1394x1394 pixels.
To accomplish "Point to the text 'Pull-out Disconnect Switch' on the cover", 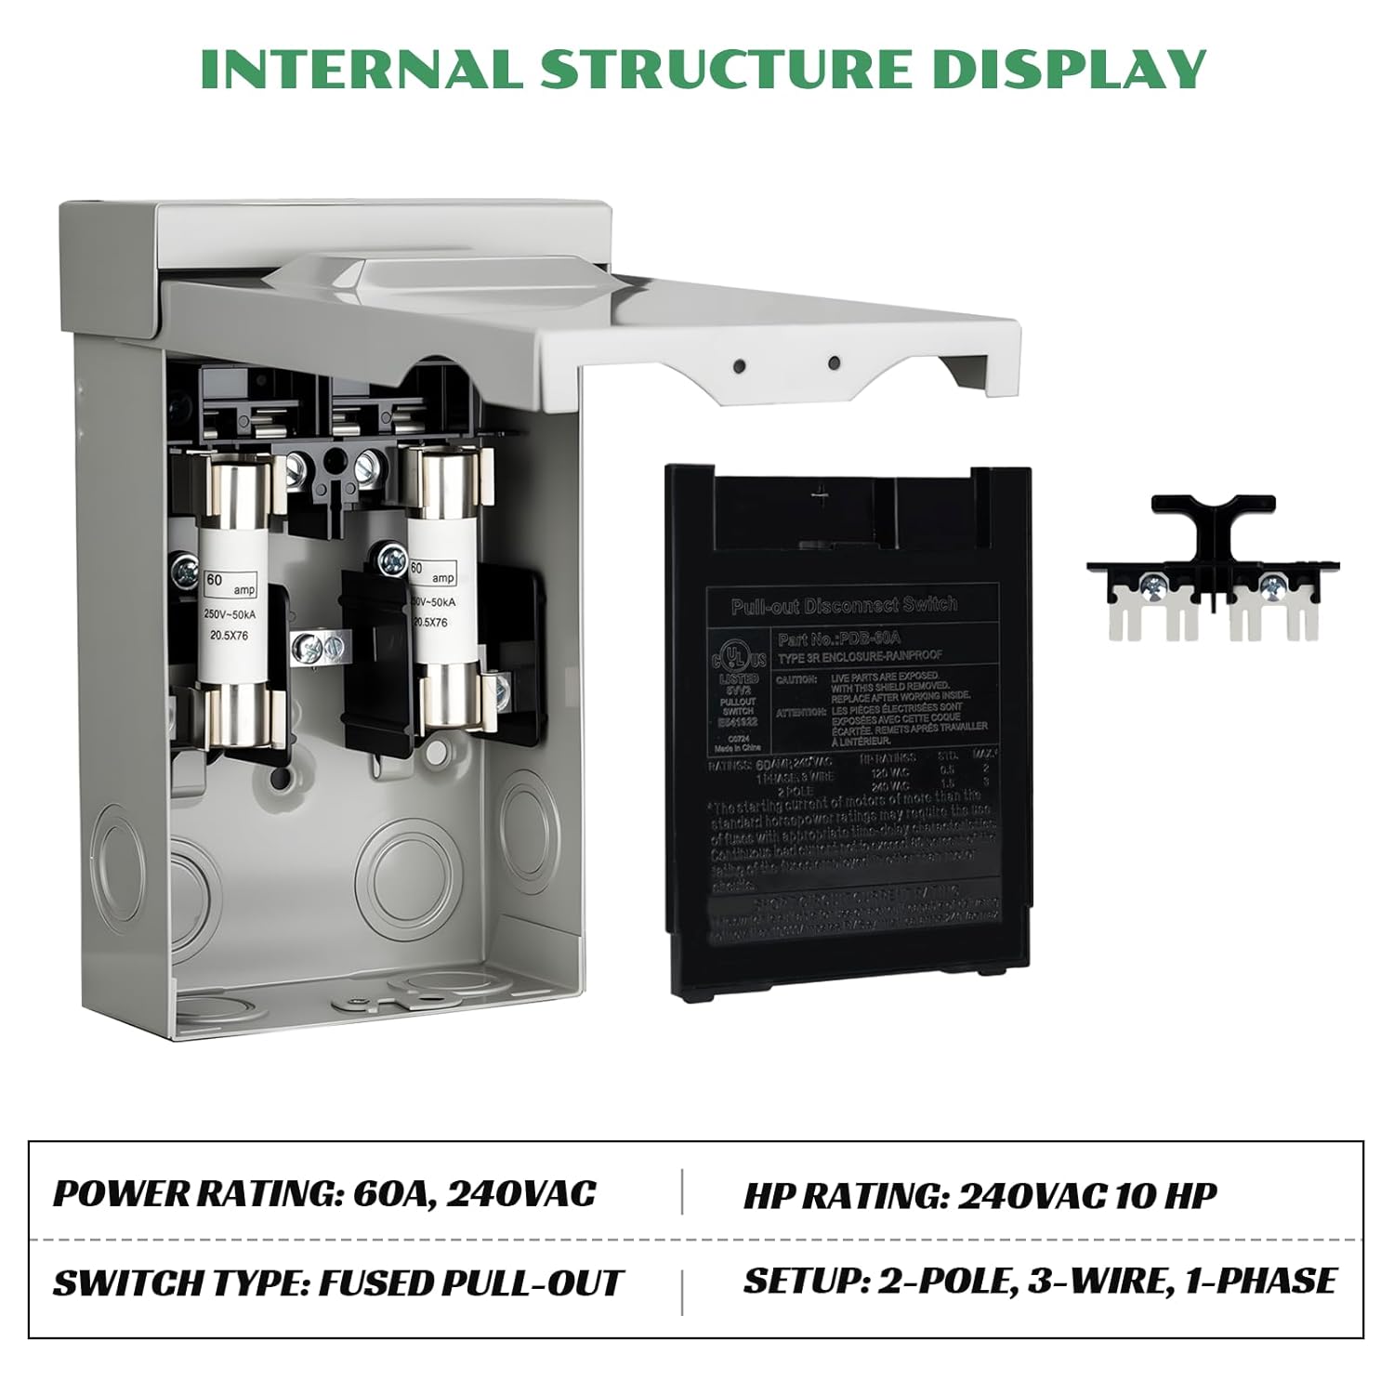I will click(844, 605).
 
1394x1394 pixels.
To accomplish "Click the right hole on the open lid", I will click(834, 362).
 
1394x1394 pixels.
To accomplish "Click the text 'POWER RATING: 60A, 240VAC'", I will click(324, 1193).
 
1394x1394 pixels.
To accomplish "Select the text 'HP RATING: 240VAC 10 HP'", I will click(980, 1195).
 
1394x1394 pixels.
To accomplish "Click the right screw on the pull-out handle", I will click(1269, 586).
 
